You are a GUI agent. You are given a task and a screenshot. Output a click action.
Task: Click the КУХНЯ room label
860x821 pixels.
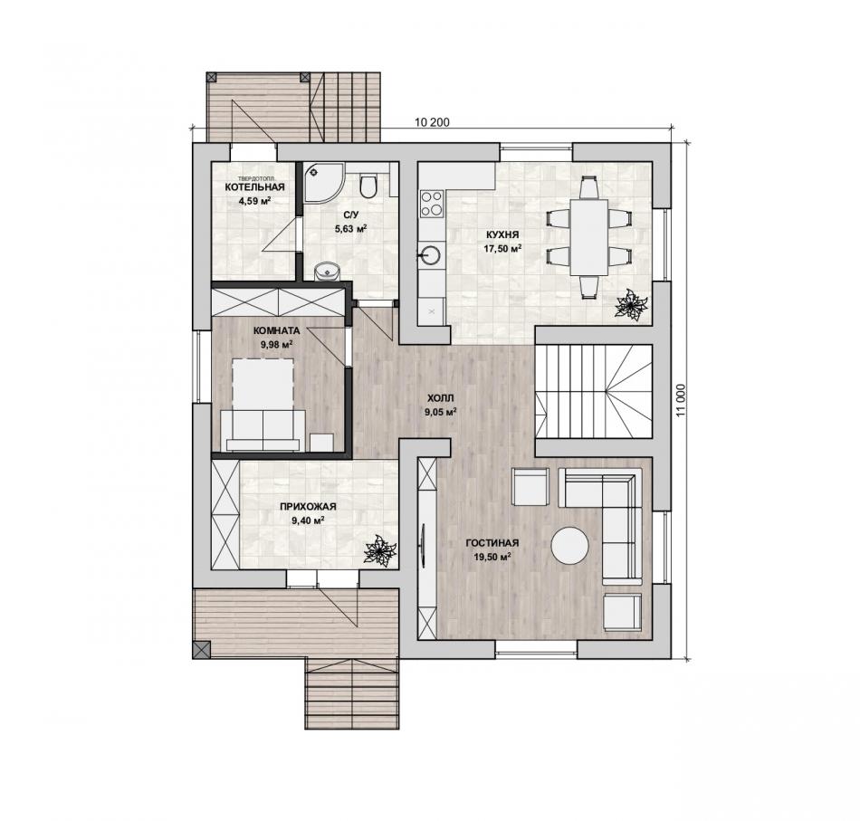pyautogui.click(x=502, y=234)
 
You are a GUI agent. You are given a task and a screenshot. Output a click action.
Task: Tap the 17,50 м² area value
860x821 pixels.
pyautogui.click(x=502, y=248)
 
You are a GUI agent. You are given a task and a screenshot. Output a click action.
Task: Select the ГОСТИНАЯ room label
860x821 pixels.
pyautogui.click(x=492, y=543)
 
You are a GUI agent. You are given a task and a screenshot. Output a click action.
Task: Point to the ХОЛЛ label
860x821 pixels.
pyautogui.click(x=441, y=397)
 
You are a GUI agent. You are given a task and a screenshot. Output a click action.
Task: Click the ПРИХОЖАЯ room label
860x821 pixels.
pyautogui.click(x=308, y=507)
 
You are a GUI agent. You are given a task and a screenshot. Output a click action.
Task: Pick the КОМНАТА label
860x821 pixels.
pyautogui.click(x=276, y=330)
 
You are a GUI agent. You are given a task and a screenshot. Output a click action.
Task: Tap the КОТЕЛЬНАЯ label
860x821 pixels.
pyautogui.click(x=254, y=187)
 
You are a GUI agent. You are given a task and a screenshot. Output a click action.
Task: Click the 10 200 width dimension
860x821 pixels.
pyautogui.click(x=432, y=122)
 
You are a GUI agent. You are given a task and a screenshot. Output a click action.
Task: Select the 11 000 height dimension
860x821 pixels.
pyautogui.click(x=681, y=400)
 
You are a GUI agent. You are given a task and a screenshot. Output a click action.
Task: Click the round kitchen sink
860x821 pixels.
pyautogui.click(x=430, y=254)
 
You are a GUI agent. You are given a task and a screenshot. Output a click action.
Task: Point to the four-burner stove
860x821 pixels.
pyautogui.click(x=431, y=204)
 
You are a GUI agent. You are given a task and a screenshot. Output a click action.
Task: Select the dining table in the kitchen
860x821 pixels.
pyautogui.click(x=589, y=237)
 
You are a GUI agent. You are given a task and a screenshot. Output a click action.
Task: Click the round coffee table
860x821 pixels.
pyautogui.click(x=569, y=546)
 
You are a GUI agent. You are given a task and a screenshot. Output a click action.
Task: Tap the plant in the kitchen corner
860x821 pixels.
pyautogui.click(x=631, y=304)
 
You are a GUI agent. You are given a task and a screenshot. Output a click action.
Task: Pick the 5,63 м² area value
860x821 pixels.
pyautogui.click(x=351, y=228)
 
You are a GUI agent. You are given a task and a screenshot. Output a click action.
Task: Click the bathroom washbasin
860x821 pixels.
pyautogui.click(x=327, y=271)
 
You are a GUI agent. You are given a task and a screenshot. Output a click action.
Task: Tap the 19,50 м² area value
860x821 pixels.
pyautogui.click(x=492, y=557)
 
